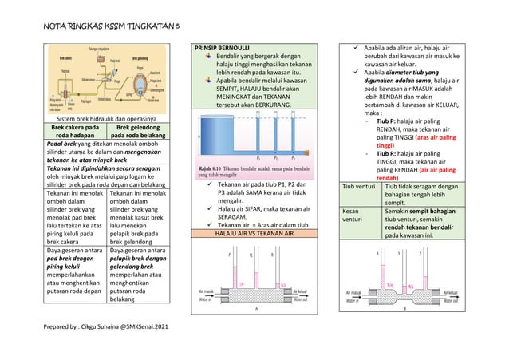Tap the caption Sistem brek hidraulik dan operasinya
coord(105,119)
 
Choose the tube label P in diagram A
coord(231,256)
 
